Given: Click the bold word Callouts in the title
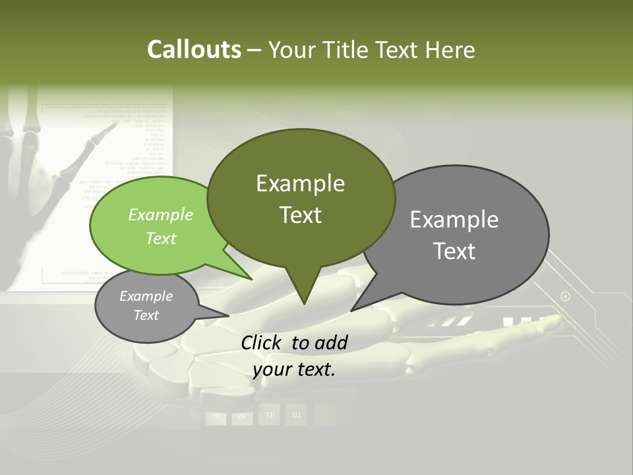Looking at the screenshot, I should click(x=194, y=49).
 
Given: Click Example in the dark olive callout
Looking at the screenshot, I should click(x=300, y=183).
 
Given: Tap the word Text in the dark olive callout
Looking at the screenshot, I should click(x=300, y=215).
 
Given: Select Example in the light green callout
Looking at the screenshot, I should click(x=161, y=214).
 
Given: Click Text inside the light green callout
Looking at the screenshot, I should click(x=161, y=238).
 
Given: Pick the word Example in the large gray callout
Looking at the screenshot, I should click(x=454, y=220).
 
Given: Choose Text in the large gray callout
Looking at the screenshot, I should click(x=454, y=251).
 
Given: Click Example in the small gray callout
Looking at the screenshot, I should click(x=146, y=296).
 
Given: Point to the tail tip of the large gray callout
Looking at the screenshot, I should click(x=351, y=310).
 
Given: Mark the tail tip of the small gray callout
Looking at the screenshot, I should click(x=228, y=316).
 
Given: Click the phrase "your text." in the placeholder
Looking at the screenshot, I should click(x=294, y=369).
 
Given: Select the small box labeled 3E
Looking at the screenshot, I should click(x=270, y=415).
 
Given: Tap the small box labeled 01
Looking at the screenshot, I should click(x=296, y=415).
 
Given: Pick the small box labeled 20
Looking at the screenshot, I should click(x=241, y=415).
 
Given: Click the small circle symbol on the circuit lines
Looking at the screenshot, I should click(x=565, y=296).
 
